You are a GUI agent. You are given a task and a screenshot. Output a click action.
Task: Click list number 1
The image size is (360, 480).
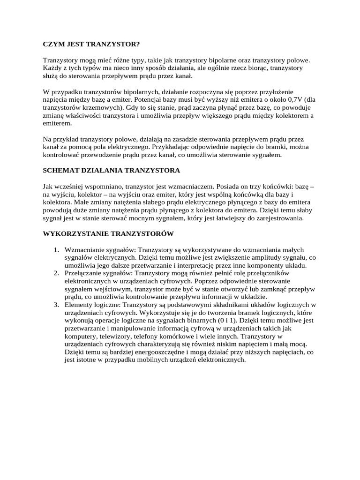[x=55, y=249]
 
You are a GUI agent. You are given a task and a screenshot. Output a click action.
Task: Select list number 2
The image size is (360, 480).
[x=55, y=273]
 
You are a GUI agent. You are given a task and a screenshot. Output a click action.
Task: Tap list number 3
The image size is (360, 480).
[x=55, y=305]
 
